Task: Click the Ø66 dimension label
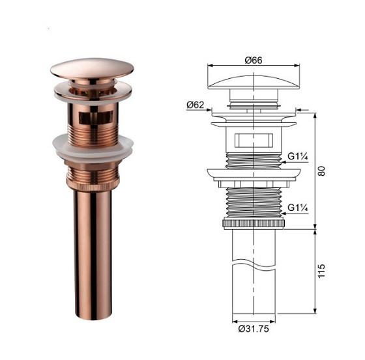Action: (254, 59)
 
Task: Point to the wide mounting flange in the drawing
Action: (254, 173)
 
